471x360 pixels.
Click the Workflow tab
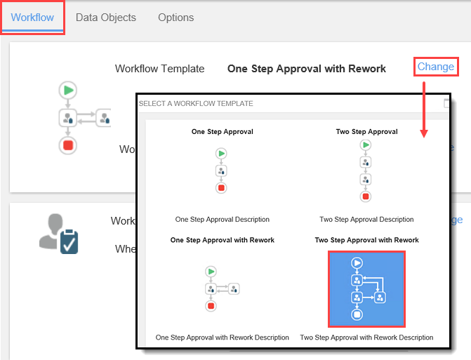(x=32, y=18)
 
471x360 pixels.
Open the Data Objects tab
(x=106, y=18)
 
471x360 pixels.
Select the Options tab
(x=176, y=18)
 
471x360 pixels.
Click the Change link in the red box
(x=436, y=67)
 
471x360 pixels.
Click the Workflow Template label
(x=159, y=69)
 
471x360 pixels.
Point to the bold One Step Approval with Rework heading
(x=307, y=69)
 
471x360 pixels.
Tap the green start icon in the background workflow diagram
(x=68, y=90)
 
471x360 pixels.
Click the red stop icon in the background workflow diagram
(x=68, y=145)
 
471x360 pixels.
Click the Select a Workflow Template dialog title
(x=196, y=104)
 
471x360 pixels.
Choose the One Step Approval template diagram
(x=221, y=170)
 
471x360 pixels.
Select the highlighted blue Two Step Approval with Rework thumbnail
(x=366, y=288)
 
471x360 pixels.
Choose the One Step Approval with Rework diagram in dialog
(x=221, y=288)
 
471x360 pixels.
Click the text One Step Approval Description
(x=222, y=219)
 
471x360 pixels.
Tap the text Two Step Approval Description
(x=366, y=219)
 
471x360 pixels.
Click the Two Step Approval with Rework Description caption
(x=366, y=338)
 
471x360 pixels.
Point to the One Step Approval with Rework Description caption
(x=222, y=338)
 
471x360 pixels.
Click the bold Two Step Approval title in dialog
(x=366, y=131)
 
